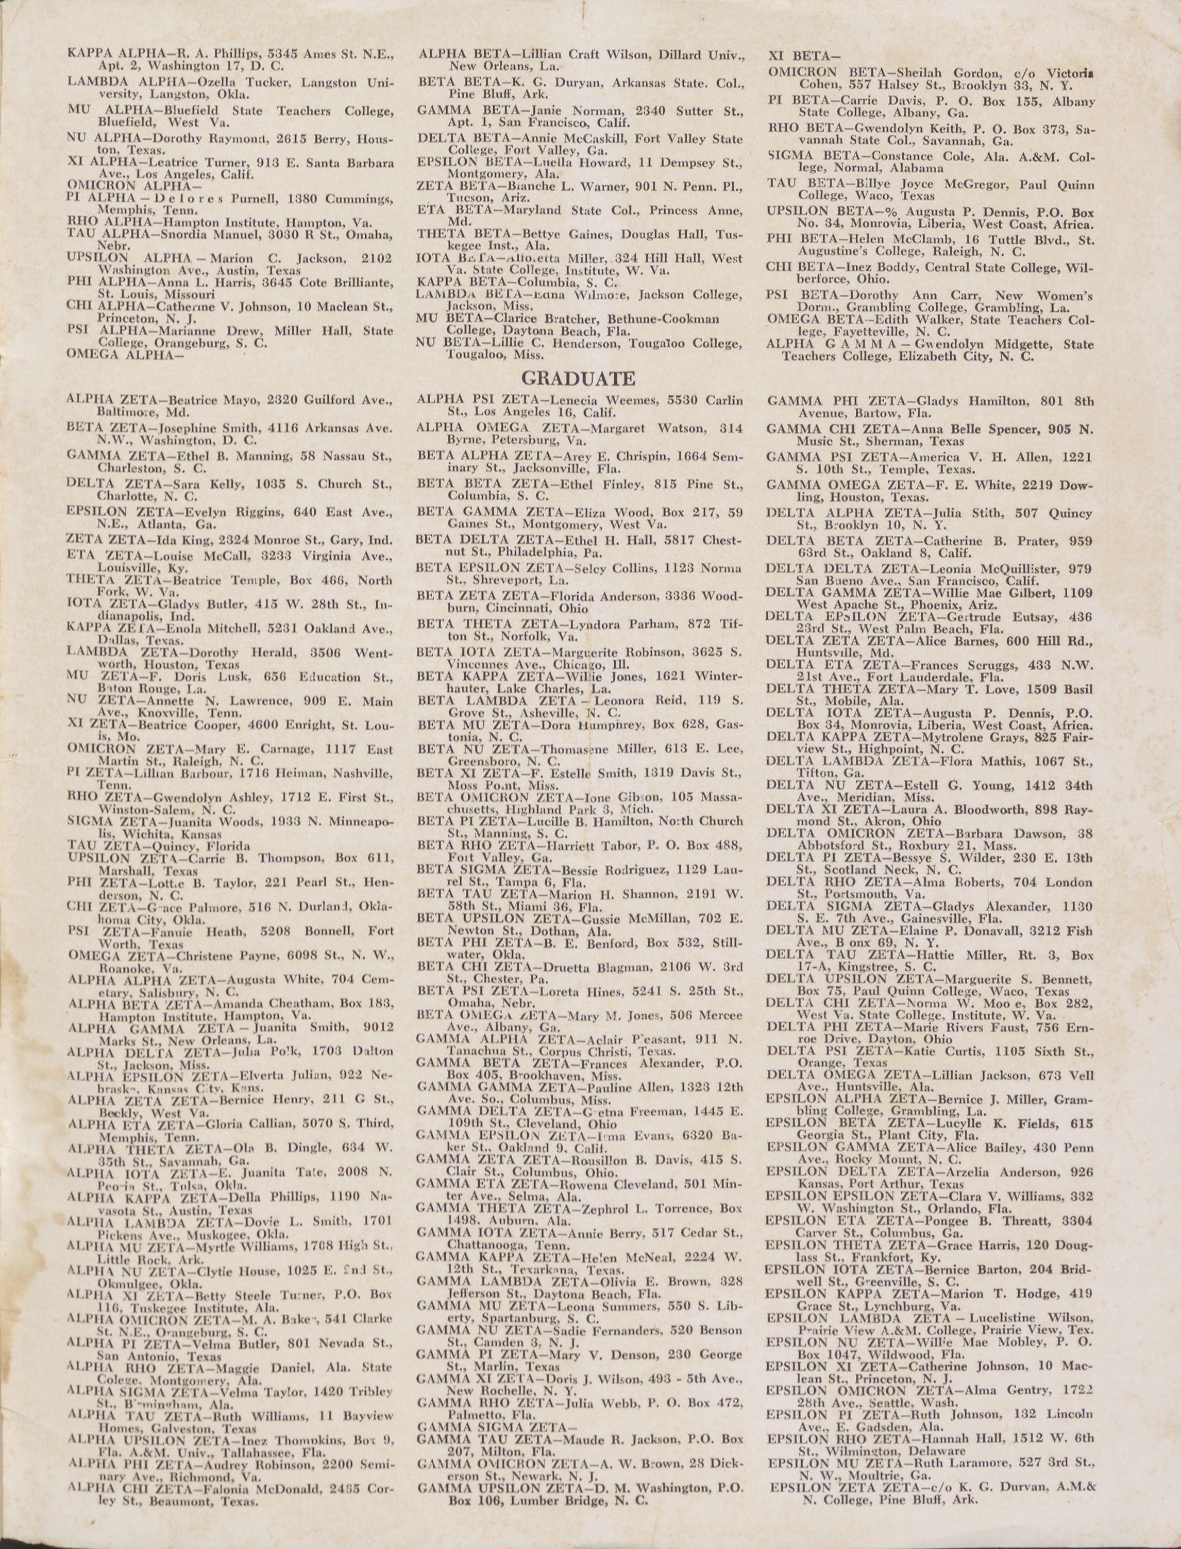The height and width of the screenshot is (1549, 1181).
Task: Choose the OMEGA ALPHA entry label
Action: tap(125, 354)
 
